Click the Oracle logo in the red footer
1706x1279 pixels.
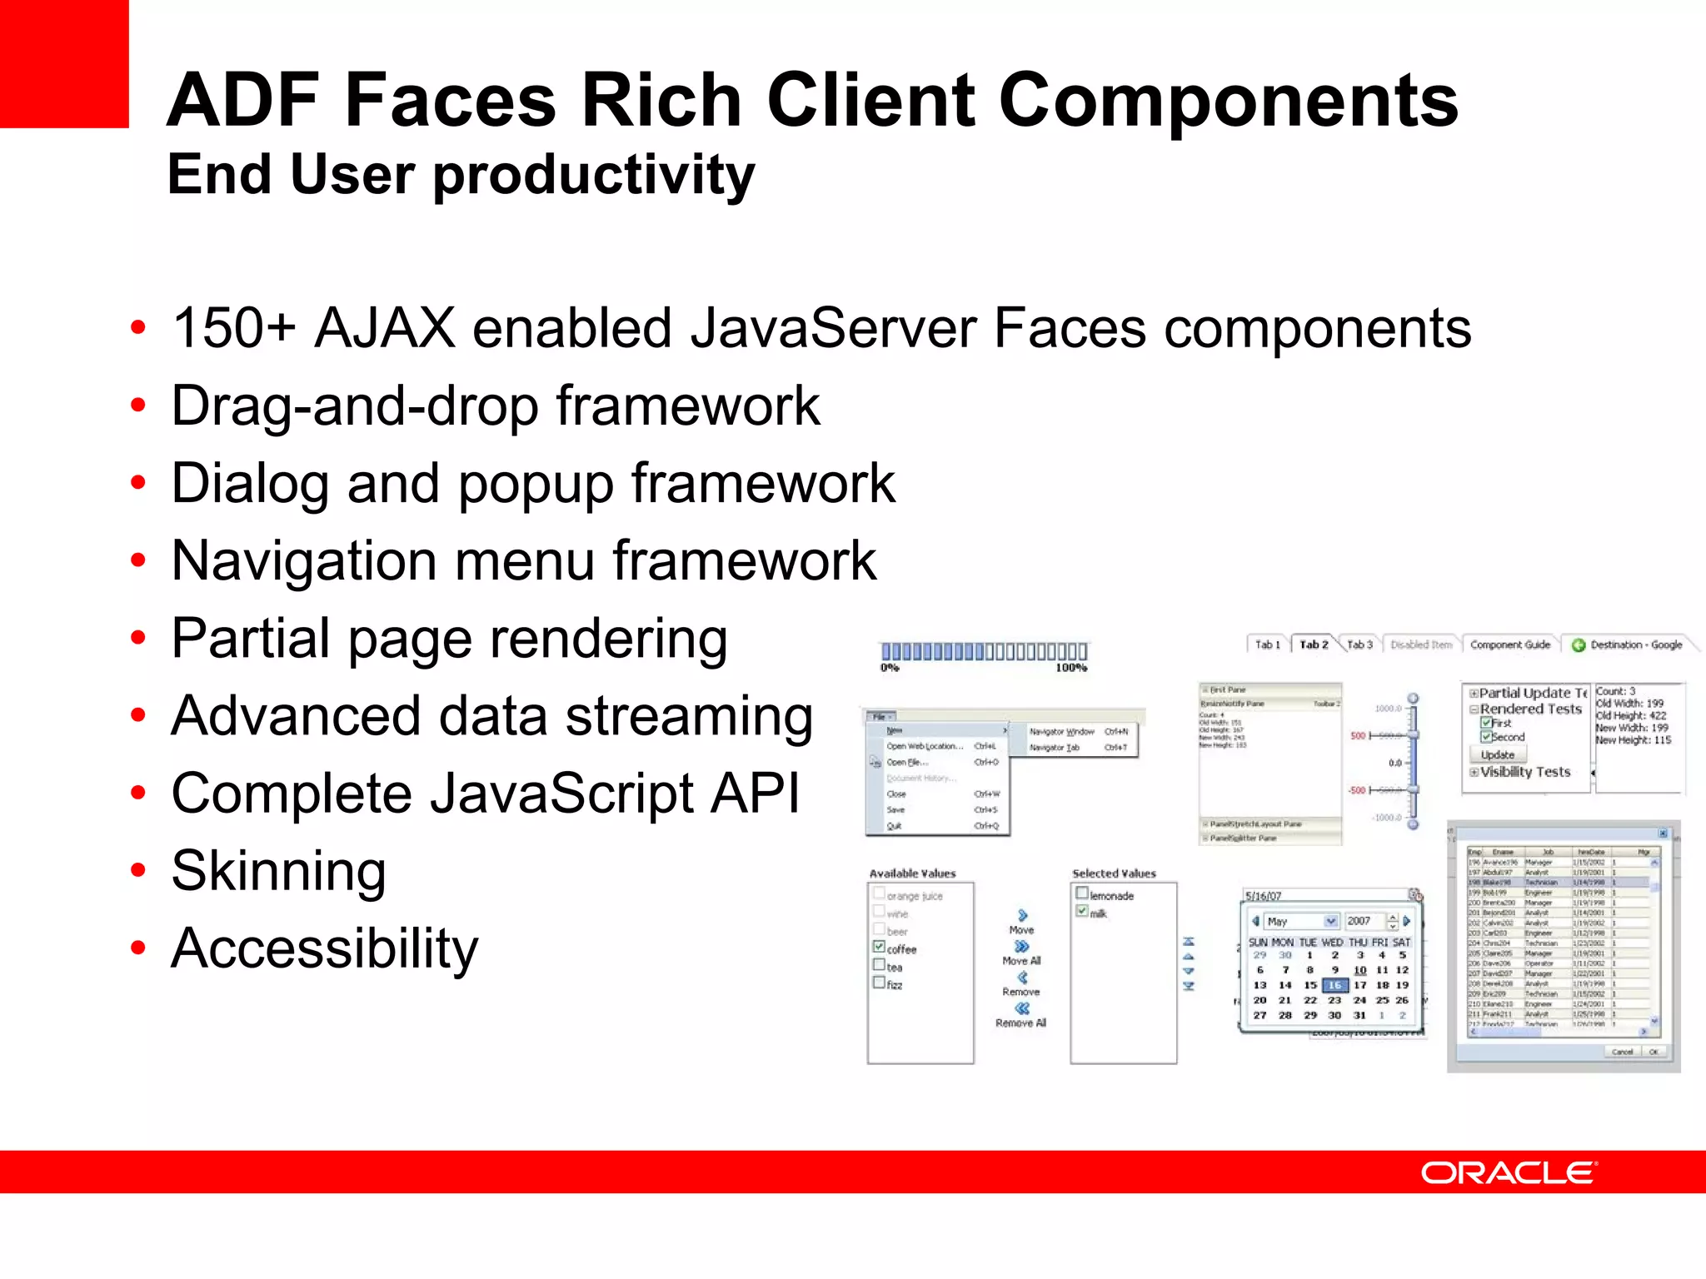(1508, 1173)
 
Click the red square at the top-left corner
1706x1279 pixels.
(63, 63)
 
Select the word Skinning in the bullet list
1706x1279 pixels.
(278, 871)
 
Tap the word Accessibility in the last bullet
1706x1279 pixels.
(324, 948)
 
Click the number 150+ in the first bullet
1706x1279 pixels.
(233, 327)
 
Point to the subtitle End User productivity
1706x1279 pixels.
(461, 175)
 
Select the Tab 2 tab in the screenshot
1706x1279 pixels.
(1314, 644)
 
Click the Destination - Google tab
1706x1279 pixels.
(1628, 644)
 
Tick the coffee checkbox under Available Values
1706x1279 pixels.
(879, 947)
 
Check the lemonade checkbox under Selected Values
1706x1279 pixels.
(1082, 893)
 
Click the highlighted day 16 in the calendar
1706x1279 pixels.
(1334, 985)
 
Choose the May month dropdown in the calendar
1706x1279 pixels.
(1300, 921)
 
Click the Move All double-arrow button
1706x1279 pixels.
(1022, 947)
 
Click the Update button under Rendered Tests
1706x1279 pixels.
(1498, 754)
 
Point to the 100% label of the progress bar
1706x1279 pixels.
(1071, 668)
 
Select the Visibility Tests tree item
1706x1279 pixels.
(1524, 772)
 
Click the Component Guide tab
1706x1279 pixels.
(1509, 644)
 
